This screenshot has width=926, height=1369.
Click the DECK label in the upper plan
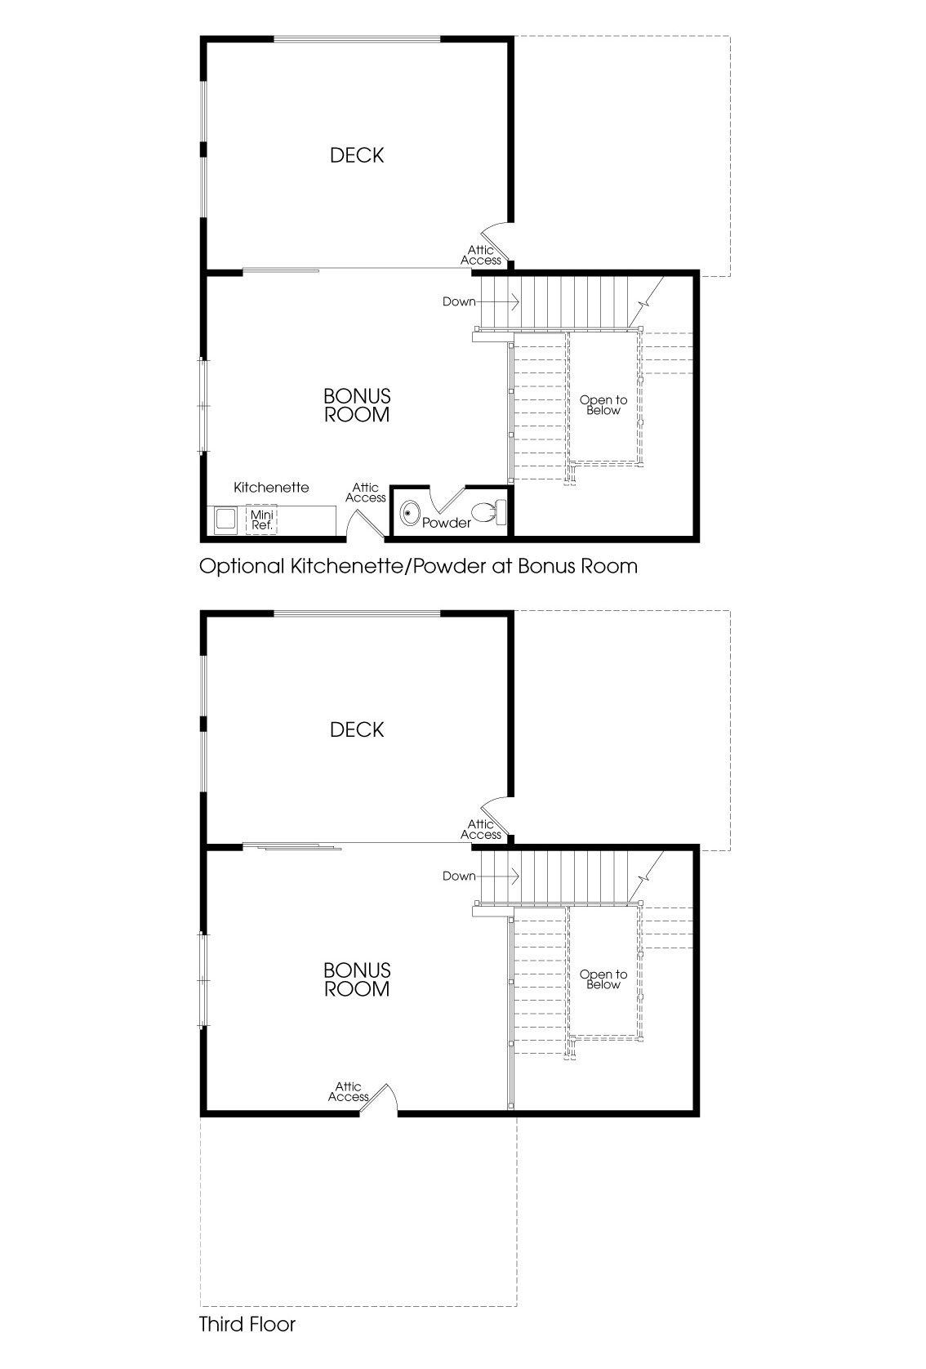(357, 155)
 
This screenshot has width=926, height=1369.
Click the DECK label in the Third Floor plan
(357, 729)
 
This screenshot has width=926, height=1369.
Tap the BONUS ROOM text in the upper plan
(357, 405)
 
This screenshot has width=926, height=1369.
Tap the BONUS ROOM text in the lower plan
(357, 979)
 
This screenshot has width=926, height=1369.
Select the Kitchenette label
(271, 488)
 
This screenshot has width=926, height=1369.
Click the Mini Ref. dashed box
(261, 520)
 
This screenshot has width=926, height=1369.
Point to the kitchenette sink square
(225, 520)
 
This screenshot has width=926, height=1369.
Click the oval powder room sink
(411, 514)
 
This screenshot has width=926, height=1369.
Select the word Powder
(446, 523)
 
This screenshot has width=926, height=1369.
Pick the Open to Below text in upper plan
(603, 405)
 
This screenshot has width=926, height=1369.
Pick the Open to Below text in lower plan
(603, 979)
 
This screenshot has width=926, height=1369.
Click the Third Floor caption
(247, 1324)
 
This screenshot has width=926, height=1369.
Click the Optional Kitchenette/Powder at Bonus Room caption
(418, 566)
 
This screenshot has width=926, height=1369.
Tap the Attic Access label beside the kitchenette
(365, 493)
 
